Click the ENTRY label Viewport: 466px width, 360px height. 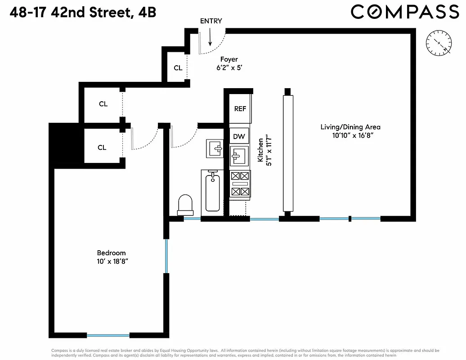click(211, 21)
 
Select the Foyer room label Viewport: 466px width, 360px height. click(229, 59)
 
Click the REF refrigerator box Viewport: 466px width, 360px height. click(240, 108)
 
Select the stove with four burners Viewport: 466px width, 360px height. click(240, 184)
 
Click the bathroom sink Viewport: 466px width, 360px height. click(215, 148)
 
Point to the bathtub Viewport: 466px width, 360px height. click(213, 191)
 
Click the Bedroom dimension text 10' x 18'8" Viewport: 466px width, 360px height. click(111, 261)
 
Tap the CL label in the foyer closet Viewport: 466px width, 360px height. click(178, 68)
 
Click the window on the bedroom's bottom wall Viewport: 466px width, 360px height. click(108, 335)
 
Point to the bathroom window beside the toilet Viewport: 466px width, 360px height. click(192, 219)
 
